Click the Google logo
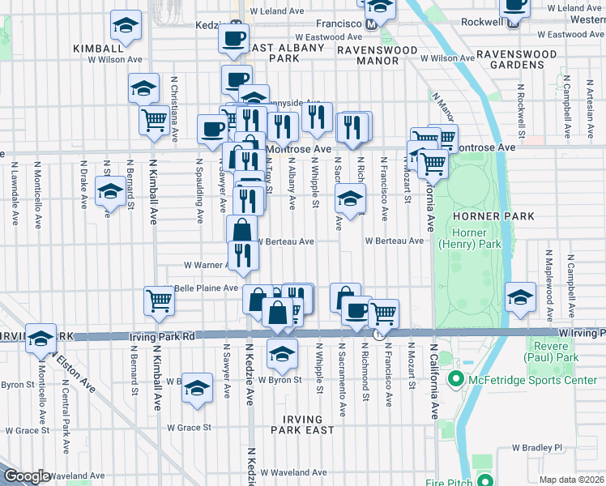27,476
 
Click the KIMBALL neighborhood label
98,49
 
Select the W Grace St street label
189,428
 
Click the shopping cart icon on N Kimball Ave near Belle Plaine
160,301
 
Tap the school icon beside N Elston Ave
40,339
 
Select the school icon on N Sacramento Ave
350,198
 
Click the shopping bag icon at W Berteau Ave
242,229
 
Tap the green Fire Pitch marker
484,480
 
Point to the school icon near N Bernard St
110,193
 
